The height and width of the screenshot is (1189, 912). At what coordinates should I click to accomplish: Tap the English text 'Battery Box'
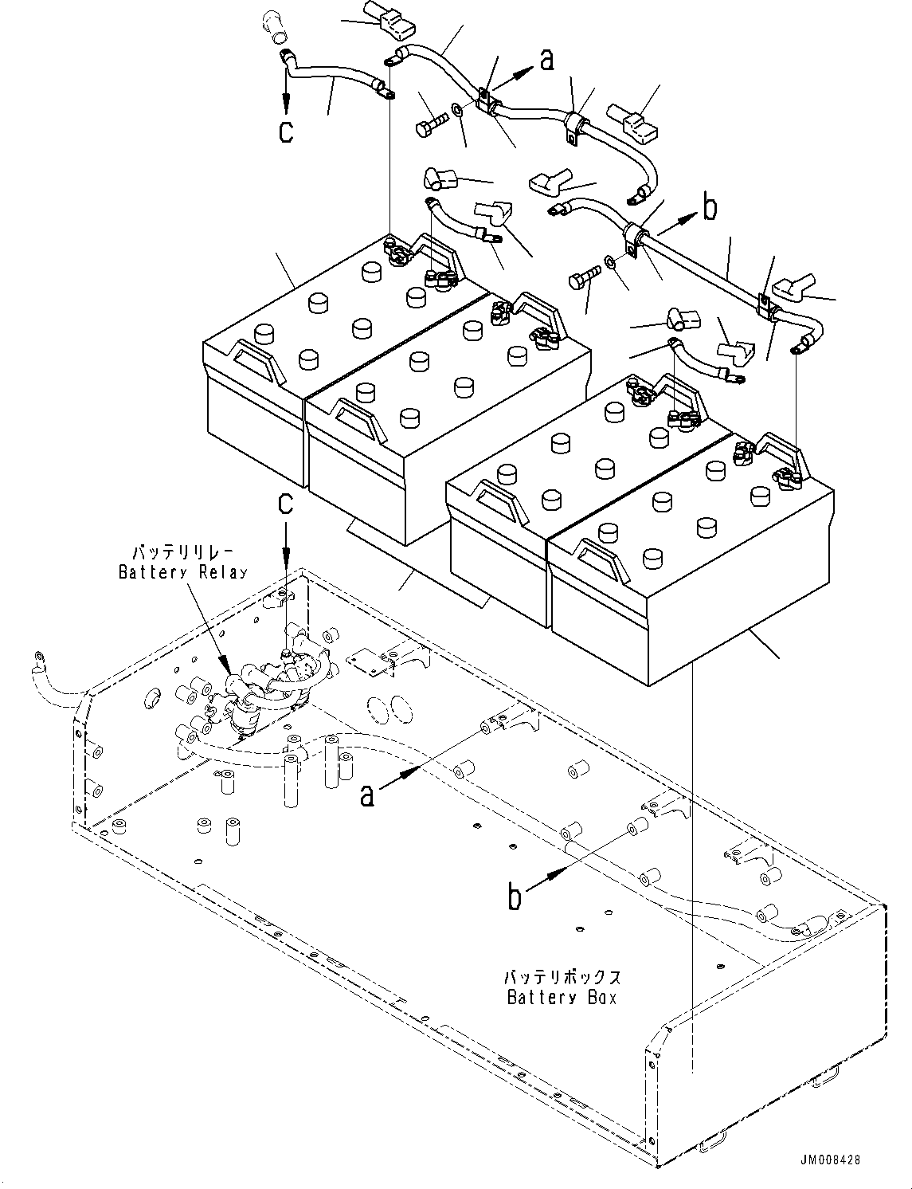tap(562, 997)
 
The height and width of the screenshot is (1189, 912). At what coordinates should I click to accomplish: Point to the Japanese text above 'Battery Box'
tap(562, 977)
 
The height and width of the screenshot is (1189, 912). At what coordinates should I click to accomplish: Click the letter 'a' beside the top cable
tap(546, 59)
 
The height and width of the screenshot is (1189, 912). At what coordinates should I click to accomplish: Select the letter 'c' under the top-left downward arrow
tap(286, 130)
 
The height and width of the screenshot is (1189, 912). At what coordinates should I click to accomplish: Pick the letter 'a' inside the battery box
tap(367, 794)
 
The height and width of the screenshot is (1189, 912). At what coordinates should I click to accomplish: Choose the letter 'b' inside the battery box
tap(515, 897)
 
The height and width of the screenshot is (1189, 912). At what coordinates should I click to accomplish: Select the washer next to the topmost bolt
tap(457, 108)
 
